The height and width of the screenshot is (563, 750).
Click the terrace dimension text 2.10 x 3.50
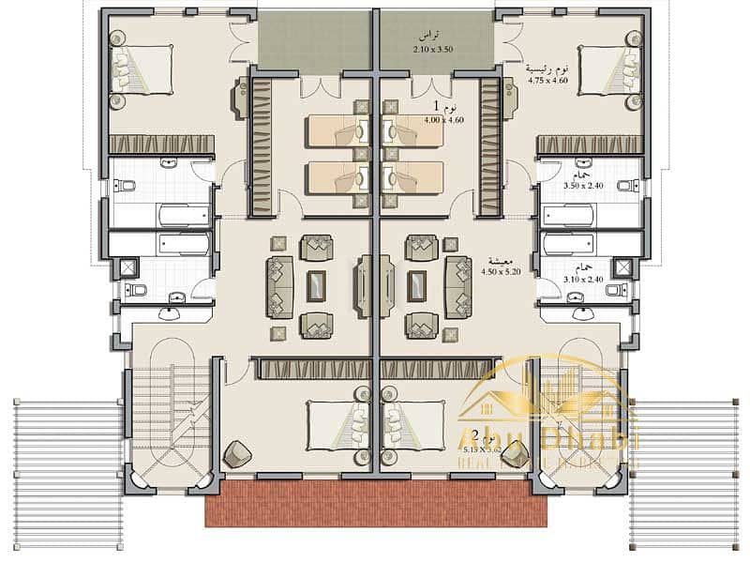tap(432, 49)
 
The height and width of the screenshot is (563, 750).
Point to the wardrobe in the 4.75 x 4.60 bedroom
tap(589, 144)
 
